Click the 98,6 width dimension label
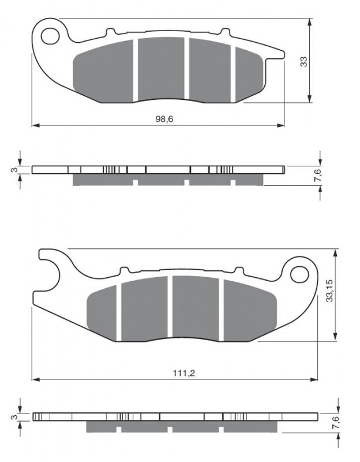point(164,119)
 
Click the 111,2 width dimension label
point(184,373)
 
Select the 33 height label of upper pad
point(303,62)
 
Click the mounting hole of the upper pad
point(50,36)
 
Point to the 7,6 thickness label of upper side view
point(318,175)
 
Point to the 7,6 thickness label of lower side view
point(336,423)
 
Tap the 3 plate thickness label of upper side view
point(13,170)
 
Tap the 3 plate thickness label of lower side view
point(13,417)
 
